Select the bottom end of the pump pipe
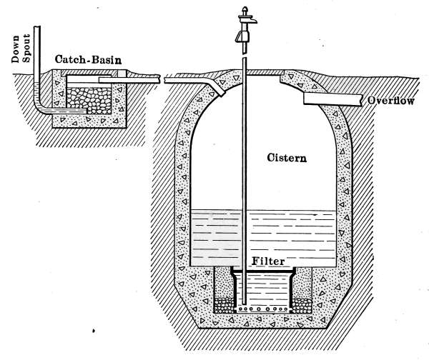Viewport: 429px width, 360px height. pos(243,304)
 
